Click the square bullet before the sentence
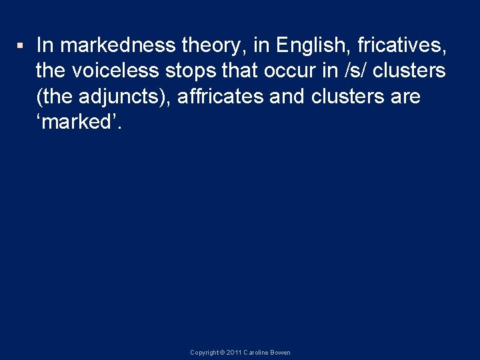(21, 46)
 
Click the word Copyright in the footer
(205, 353)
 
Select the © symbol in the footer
(223, 353)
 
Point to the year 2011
(234, 353)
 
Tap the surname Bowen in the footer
(281, 353)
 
